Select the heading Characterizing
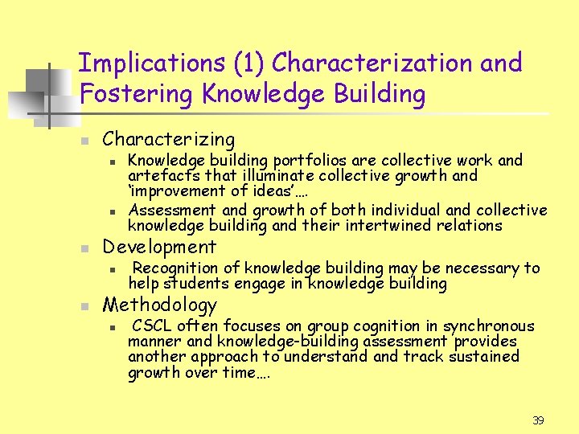169,139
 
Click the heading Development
159,247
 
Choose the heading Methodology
159,305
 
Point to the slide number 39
538,420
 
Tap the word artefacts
158,175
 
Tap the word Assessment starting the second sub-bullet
169,210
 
